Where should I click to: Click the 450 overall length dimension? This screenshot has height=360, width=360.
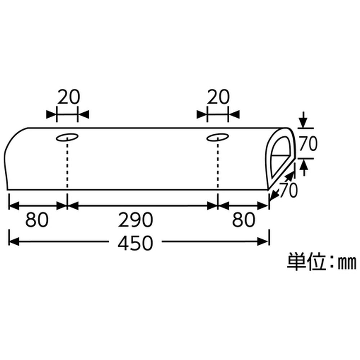tap(135, 243)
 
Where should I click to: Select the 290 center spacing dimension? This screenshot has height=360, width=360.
tap(135, 220)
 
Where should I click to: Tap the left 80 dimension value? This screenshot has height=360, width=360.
tap(37, 220)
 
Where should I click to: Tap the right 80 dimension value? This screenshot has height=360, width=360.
tap(244, 220)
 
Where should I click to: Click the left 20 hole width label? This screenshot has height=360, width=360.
tap(68, 97)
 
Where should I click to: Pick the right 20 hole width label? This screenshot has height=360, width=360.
tap(218, 97)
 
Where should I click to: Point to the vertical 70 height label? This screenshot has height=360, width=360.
tap(308, 144)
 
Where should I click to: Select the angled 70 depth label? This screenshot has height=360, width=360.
tap(288, 190)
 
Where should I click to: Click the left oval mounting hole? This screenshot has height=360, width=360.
tap(67, 137)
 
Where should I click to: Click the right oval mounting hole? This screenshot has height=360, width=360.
tap(217, 137)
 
